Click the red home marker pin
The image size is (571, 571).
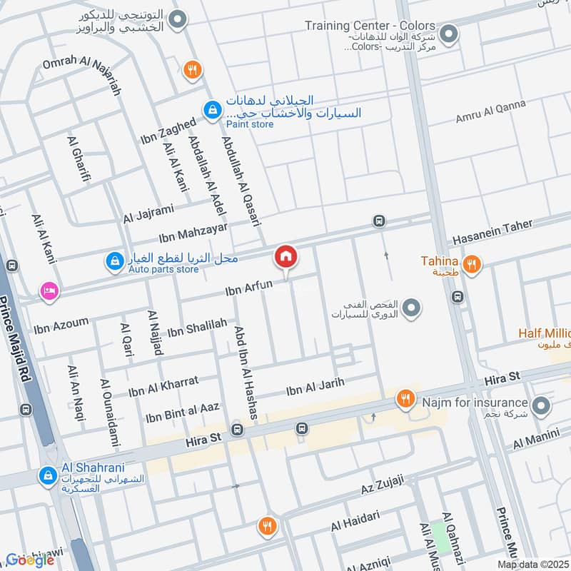tap(285, 256)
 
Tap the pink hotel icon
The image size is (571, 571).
tap(49, 290)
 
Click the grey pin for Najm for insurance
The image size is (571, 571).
tap(542, 407)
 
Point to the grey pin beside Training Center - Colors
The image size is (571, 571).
tap(448, 34)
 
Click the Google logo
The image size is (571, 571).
tap(30, 560)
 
